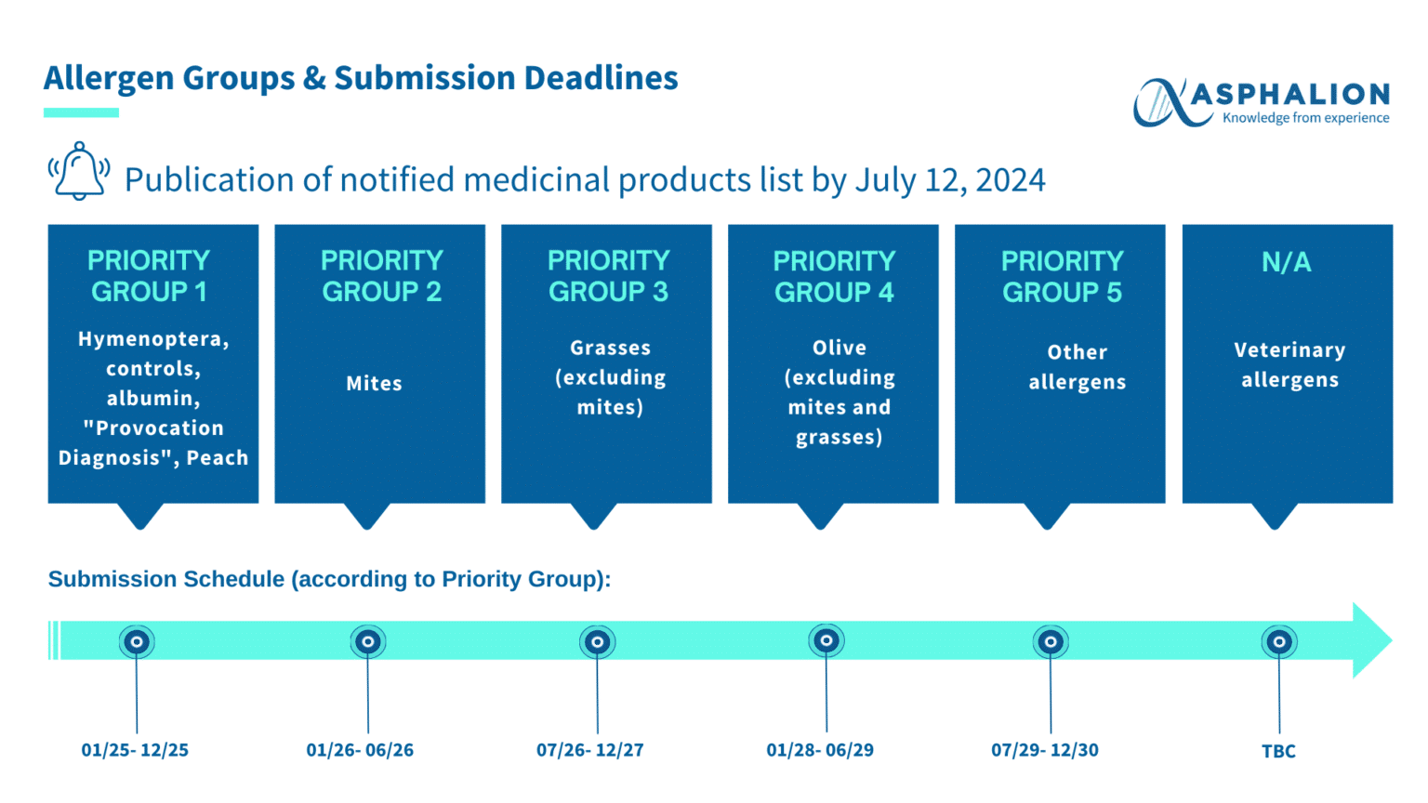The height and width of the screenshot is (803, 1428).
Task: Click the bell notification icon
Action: pyautogui.click(x=79, y=172)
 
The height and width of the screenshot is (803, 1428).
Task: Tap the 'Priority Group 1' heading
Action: pyautogui.click(x=149, y=276)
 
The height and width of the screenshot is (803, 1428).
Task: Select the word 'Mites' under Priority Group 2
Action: pyautogui.click(x=374, y=383)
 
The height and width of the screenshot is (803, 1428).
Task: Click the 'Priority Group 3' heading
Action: pyautogui.click(x=608, y=276)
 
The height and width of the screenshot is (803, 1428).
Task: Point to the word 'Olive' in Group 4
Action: pyautogui.click(x=839, y=348)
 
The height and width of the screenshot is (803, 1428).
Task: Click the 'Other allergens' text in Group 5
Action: pyautogui.click(x=1077, y=367)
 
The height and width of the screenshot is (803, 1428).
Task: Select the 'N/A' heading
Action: pyautogui.click(x=1286, y=262)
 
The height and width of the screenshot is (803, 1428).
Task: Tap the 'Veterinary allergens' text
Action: pyautogui.click(x=1289, y=365)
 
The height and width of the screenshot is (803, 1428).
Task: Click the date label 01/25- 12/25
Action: pyautogui.click(x=135, y=750)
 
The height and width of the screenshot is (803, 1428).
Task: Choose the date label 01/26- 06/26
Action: pyautogui.click(x=360, y=750)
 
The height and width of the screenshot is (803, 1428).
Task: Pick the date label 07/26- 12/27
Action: pyautogui.click(x=589, y=750)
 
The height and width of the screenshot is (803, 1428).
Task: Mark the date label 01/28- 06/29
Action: pyautogui.click(x=820, y=750)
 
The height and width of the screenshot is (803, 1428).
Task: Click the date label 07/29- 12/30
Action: pyautogui.click(x=1044, y=750)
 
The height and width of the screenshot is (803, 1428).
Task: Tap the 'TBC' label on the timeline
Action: pyautogui.click(x=1278, y=751)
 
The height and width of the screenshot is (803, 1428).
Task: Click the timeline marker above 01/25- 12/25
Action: pyautogui.click(x=137, y=641)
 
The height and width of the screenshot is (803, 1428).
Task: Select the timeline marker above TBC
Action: pyautogui.click(x=1279, y=641)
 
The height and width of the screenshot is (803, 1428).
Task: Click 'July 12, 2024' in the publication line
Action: pyautogui.click(x=949, y=179)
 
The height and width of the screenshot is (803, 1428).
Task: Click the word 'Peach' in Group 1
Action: pyautogui.click(x=218, y=457)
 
